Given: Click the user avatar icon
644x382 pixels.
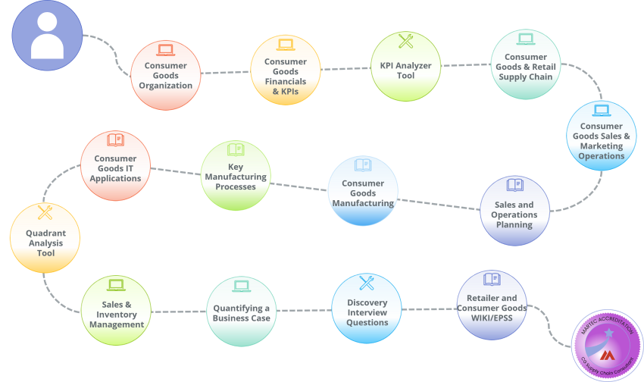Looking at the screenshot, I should (x=47, y=36).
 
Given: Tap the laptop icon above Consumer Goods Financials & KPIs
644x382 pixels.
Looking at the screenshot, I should (x=286, y=45).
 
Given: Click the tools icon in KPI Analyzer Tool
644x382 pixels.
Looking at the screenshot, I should (x=405, y=42).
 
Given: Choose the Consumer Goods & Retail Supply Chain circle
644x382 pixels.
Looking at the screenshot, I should (x=525, y=64).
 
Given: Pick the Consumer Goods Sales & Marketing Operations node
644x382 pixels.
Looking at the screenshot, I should (x=602, y=136).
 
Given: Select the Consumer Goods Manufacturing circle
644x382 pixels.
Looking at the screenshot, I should (x=363, y=190).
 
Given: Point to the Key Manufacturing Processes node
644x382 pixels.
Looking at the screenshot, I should (x=236, y=175).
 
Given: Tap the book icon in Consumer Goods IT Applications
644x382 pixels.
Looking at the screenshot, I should (x=116, y=140).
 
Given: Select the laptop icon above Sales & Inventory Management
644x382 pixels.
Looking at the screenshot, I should (x=116, y=285).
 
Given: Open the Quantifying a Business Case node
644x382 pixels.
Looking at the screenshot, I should (x=242, y=311).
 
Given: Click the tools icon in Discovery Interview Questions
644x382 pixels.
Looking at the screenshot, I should (x=367, y=283).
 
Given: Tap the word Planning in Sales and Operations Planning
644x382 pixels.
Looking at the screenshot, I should (x=515, y=225).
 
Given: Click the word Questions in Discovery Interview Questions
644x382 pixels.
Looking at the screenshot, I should (x=367, y=322).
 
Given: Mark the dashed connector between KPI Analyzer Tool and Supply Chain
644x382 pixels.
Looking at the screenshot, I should (x=464, y=64).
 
